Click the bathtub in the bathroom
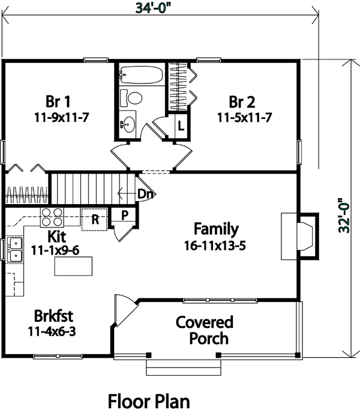141,75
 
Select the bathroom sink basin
128,124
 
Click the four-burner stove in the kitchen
52,217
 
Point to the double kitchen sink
15,250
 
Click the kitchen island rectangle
73,267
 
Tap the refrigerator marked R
95,220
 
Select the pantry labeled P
124,215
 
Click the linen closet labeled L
181,125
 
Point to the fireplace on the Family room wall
300,237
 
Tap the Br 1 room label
58,101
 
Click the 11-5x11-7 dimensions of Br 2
244,118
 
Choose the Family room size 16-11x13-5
215,246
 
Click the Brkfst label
53,316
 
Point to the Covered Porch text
205,330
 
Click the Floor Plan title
149,402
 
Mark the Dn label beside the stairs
145,194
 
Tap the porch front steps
184,367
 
